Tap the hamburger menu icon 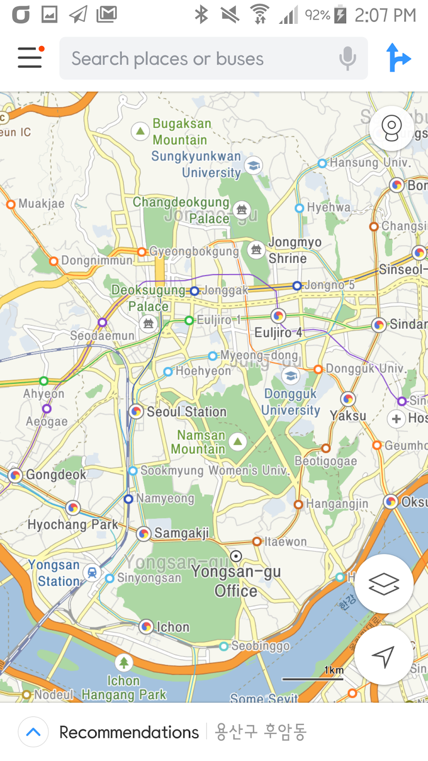30,58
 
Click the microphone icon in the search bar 348,59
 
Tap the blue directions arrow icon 398,58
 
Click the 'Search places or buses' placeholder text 167,59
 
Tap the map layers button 384,584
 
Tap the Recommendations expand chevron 33,732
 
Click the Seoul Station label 186,412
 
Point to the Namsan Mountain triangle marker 238,441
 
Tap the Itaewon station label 285,542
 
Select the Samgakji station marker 144,534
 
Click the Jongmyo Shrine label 294,250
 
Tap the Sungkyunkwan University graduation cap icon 253,166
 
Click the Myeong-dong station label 259,355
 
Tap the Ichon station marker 146,627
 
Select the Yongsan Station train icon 92,573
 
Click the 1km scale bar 312,679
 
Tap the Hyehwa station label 329,207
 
